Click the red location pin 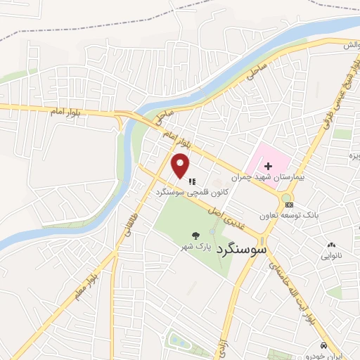(181, 166)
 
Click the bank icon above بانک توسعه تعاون (288, 205)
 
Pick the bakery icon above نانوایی (332, 245)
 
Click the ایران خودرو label (333, 356)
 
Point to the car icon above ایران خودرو (323, 346)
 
